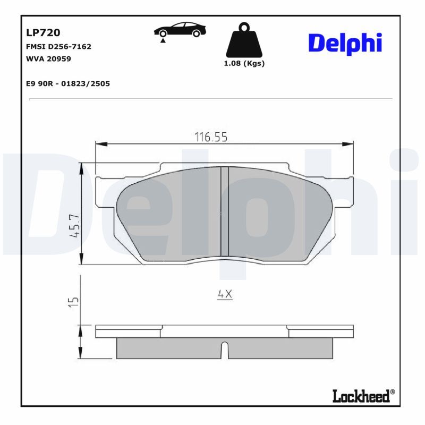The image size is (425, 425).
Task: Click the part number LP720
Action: click(43, 32)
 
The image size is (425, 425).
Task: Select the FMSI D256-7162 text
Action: click(58, 47)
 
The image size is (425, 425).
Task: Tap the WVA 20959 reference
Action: click(48, 59)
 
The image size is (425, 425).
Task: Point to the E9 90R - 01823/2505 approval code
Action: click(68, 83)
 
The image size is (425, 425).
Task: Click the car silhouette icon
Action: click(180, 30)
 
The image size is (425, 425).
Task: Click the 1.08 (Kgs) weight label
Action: click(244, 63)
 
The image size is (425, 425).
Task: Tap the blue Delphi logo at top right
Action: click(345, 44)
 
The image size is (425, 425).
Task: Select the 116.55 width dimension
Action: click(211, 137)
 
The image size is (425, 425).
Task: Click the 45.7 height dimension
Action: click(74, 226)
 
